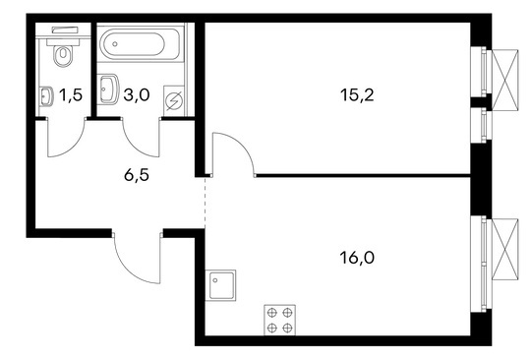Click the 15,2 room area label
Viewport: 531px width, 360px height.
pyautogui.click(x=357, y=95)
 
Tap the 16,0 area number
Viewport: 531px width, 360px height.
pyautogui.click(x=357, y=258)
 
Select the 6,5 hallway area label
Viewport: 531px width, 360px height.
pyautogui.click(x=137, y=175)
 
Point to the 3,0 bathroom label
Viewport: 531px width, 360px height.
pyautogui.click(x=137, y=95)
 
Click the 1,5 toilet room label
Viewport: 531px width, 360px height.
pyautogui.click(x=71, y=95)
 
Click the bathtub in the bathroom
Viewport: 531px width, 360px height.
pyautogui.click(x=141, y=44)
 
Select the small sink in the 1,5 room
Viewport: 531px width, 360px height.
pyautogui.click(x=46, y=96)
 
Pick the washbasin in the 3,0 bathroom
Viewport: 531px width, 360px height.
pyautogui.click(x=109, y=89)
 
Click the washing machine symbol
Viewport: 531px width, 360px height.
pyautogui.click(x=174, y=100)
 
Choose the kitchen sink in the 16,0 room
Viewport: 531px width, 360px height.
pyautogui.click(x=221, y=285)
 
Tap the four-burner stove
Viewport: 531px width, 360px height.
pyautogui.click(x=279, y=320)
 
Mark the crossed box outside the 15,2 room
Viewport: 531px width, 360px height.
pyautogui.click(x=504, y=80)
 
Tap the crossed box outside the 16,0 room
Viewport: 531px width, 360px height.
pyautogui.click(x=504, y=250)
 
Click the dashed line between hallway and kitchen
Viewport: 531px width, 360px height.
pyautogui.click(x=205, y=203)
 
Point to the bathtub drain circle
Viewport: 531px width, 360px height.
pyautogui.click(x=115, y=44)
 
